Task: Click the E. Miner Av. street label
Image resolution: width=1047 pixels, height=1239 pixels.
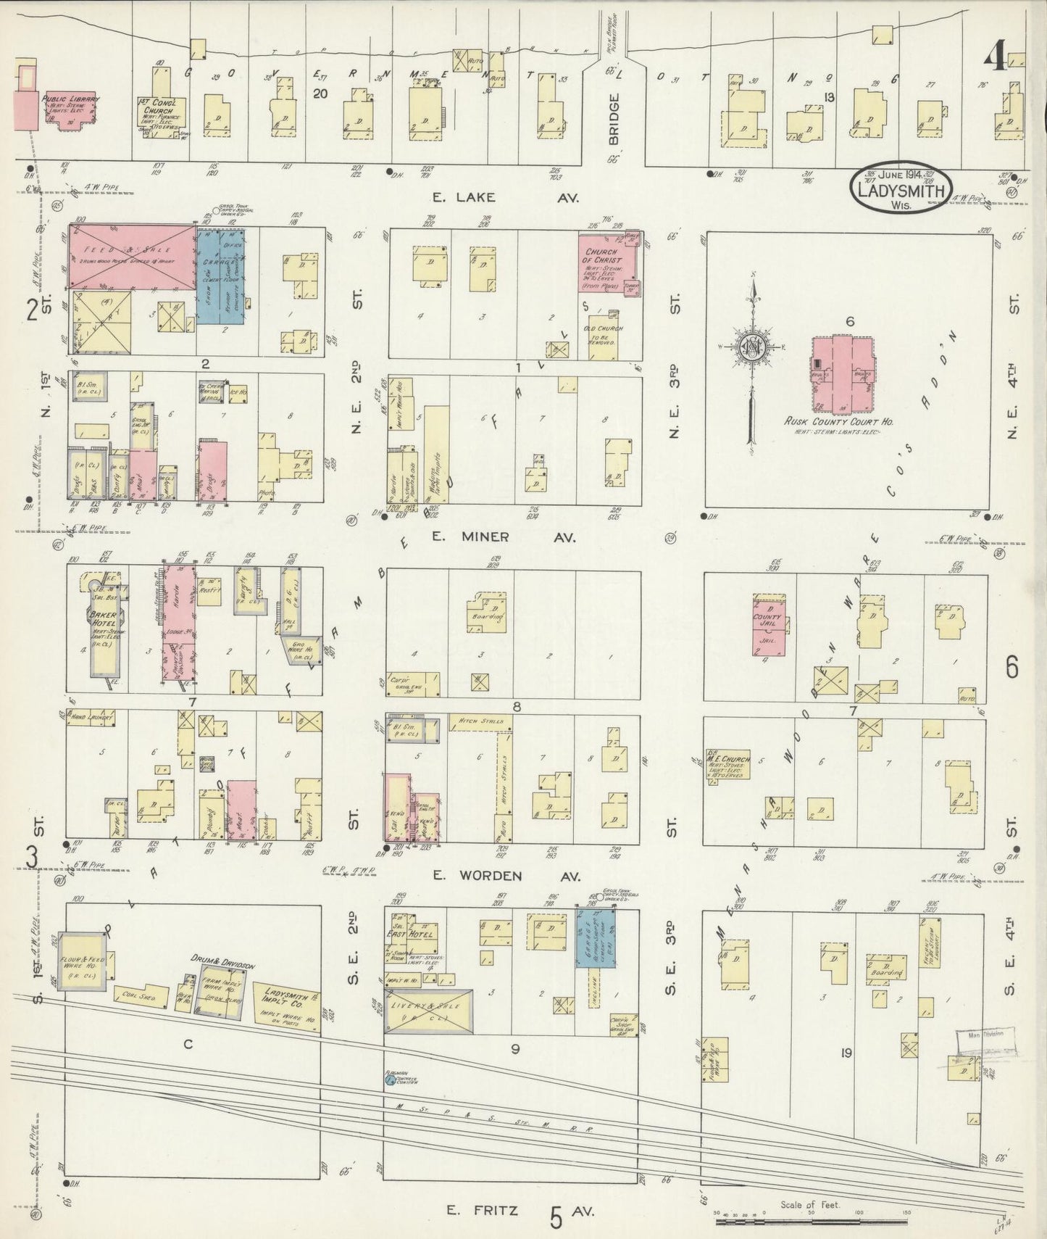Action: [502, 537]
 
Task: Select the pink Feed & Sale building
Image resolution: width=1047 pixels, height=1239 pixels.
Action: [132, 257]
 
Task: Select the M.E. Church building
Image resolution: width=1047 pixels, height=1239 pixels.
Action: [728, 766]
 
